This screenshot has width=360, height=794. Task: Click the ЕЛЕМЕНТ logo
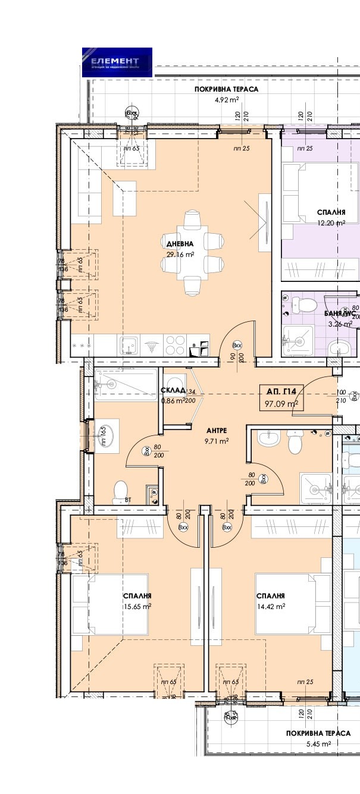point(117,62)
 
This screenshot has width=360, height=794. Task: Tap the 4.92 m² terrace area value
point(227,100)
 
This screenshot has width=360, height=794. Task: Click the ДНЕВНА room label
point(180,243)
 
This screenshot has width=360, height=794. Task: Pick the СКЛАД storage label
point(171,391)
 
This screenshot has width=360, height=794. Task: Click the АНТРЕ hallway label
point(215,430)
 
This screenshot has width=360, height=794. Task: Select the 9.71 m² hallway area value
point(217,441)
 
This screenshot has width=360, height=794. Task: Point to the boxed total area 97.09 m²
point(281,404)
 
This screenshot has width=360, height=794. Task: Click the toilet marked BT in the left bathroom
point(121,491)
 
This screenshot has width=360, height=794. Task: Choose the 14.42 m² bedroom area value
point(271,607)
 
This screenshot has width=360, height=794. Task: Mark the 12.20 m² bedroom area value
point(331,224)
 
